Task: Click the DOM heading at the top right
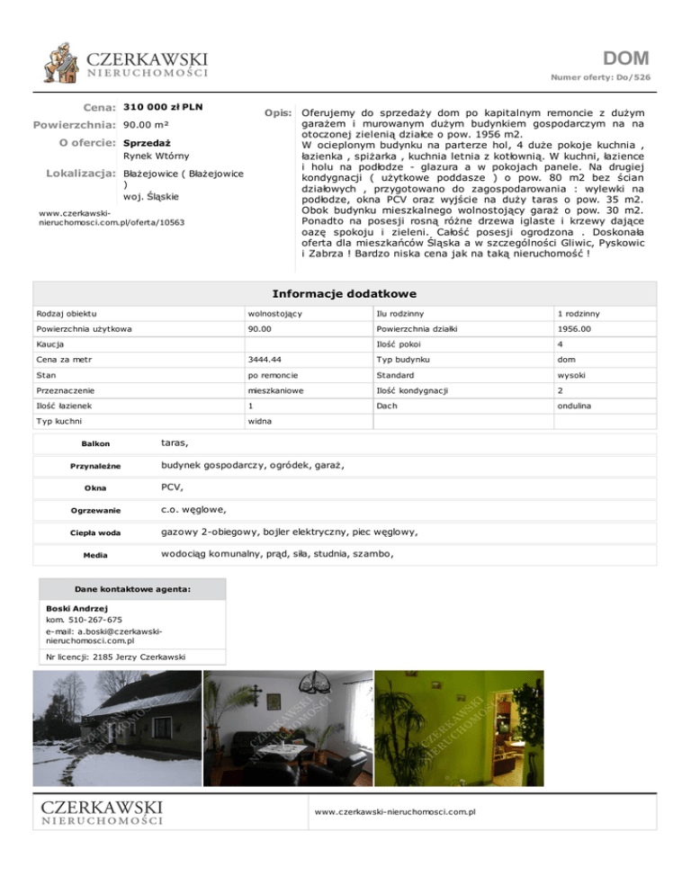pos(627,59)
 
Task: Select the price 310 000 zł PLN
pos(163,107)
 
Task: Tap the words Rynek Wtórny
pos(156,156)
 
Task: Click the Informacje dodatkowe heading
pos(344,293)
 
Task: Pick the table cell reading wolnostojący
pos(274,313)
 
